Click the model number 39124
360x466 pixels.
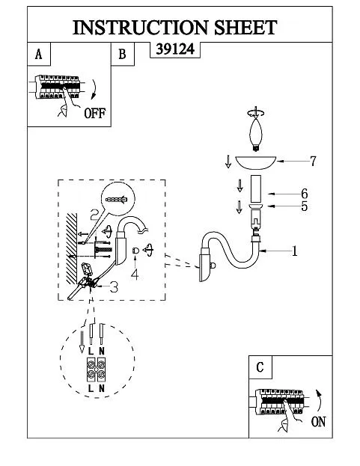coord(175,49)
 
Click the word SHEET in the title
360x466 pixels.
coord(245,28)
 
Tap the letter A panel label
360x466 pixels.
coord(38,55)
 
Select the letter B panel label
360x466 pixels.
coord(122,55)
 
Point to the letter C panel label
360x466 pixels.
coord(260,367)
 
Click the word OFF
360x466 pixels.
coord(94,113)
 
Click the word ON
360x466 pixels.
coord(318,422)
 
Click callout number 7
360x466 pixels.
coord(313,162)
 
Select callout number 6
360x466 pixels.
coord(305,194)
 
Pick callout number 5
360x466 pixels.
coord(304,206)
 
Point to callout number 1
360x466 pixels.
coord(294,251)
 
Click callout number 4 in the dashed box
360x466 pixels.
coord(135,275)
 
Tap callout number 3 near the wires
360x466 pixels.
coord(115,286)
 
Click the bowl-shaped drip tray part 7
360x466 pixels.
coord(256,163)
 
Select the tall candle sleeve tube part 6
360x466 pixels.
coord(256,189)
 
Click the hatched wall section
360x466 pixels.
coord(71,249)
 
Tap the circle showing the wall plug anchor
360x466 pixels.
coord(118,199)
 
